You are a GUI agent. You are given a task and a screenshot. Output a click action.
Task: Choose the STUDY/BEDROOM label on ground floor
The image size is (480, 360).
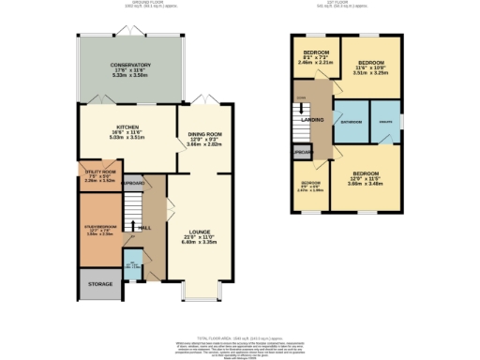(x=99, y=226)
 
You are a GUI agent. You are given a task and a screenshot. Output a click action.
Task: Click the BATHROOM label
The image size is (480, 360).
(x=351, y=123)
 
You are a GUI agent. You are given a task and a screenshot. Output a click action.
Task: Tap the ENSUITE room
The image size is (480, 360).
(x=384, y=123)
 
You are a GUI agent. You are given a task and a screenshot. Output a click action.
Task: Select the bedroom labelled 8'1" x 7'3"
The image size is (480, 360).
(x=314, y=56)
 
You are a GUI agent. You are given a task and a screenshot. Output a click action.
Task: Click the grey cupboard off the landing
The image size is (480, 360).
(x=301, y=152)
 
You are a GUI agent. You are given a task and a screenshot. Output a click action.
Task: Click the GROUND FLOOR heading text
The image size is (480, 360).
(x=123, y=5)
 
